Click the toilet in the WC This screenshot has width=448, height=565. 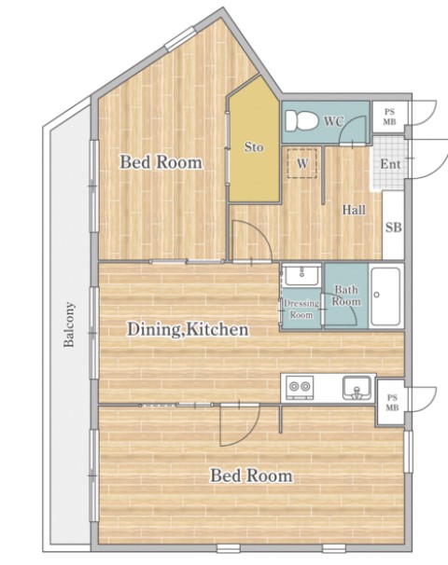[301, 120]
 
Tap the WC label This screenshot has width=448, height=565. [333, 121]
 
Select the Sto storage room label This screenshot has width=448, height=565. [254, 146]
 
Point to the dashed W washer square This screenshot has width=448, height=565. [302, 163]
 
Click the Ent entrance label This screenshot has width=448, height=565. [390, 164]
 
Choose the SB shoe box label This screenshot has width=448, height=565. [393, 227]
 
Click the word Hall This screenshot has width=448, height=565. [354, 210]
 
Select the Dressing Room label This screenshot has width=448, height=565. [301, 310]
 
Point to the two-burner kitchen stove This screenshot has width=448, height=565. [300, 387]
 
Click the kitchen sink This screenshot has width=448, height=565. [357, 388]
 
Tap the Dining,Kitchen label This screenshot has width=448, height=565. [188, 330]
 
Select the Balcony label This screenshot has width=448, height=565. [69, 324]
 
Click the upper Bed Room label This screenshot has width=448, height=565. [161, 162]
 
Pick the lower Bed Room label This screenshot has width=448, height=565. [251, 475]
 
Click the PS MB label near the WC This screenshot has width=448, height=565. [389, 117]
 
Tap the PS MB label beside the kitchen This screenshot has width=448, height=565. [392, 403]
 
